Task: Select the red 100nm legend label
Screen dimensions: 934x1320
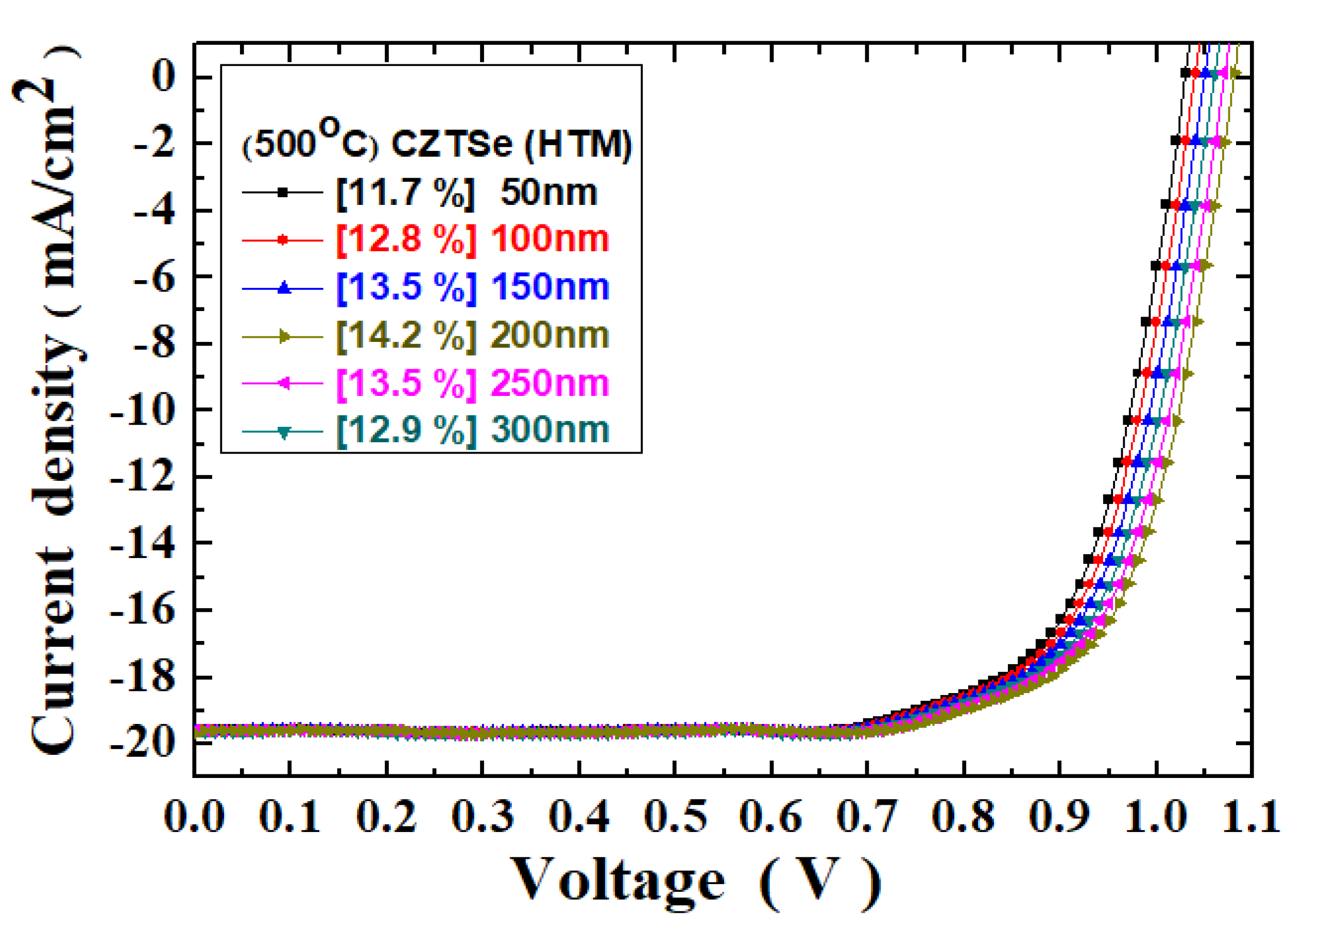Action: point(550,239)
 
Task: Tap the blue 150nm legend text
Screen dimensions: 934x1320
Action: point(550,287)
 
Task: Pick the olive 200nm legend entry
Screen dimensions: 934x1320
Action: point(550,335)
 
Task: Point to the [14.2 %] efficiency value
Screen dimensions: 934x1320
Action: point(406,335)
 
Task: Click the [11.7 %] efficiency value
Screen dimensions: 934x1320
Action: point(406,192)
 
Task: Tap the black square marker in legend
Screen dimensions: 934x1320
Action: point(282,193)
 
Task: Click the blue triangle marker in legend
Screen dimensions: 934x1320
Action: point(282,287)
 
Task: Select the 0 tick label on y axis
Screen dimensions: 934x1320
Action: point(163,77)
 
